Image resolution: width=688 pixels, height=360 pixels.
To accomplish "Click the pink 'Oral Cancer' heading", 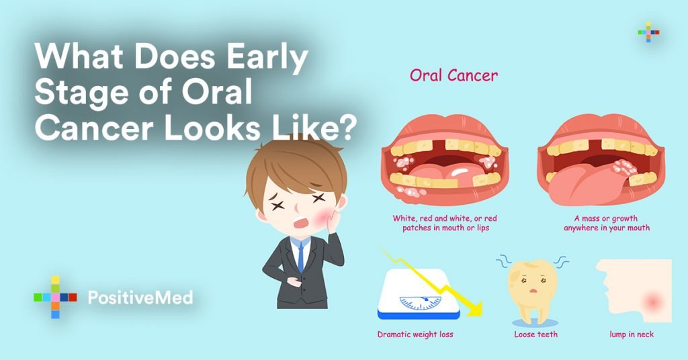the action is pos(454,75).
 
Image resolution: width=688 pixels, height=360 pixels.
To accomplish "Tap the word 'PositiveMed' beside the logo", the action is pos(140,298).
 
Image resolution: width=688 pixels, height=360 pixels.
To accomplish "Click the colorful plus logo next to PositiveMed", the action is pos(55,297).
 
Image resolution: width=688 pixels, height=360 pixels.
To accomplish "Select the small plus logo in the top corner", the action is pos(648,32).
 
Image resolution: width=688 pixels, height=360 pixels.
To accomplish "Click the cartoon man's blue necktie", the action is pos(300,257).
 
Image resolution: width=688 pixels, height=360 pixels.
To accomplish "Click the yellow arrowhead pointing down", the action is pos(473,308).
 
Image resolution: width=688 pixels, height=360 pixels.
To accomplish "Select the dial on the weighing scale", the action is pos(421,302).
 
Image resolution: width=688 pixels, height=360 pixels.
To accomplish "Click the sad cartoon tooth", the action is pos(533,289).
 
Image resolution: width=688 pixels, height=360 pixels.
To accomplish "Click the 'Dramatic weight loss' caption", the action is pos(415,334).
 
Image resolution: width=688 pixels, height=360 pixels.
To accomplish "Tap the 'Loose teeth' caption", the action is pos(535,334).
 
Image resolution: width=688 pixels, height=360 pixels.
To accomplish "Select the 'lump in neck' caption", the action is pos(632,334).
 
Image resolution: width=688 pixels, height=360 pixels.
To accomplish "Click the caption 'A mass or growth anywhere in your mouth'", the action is pos(607,223).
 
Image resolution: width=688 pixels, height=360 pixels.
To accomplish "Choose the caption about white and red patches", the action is pos(445,223).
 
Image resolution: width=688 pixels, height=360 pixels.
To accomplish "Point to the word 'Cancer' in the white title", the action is pos(94,129).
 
